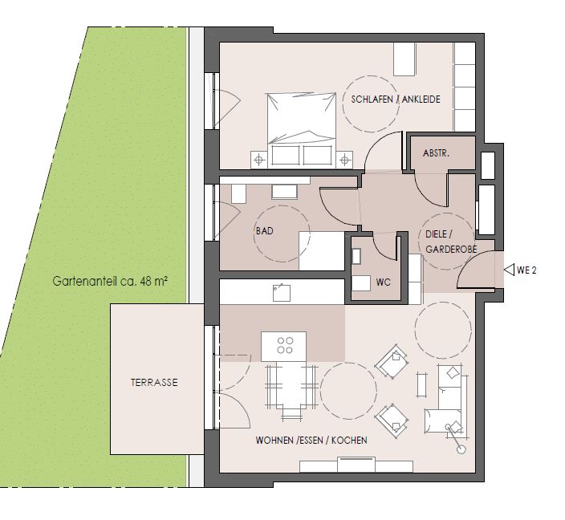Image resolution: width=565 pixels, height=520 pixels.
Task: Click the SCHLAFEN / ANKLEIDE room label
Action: (x=396, y=100)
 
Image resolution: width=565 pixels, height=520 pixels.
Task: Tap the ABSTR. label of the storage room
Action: (x=436, y=152)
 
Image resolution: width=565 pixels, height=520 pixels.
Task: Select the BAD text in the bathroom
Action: (x=265, y=231)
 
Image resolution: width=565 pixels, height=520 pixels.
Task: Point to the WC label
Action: (x=383, y=282)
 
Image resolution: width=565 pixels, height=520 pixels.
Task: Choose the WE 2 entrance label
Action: (x=526, y=270)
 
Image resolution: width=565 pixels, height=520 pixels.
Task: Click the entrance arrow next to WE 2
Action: (x=508, y=270)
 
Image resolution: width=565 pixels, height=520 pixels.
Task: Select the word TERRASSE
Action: (x=154, y=383)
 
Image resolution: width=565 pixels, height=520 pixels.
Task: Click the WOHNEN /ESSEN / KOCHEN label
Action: (x=311, y=441)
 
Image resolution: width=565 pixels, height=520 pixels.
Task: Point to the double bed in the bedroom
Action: (x=301, y=120)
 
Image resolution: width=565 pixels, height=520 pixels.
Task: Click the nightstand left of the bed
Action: (x=259, y=159)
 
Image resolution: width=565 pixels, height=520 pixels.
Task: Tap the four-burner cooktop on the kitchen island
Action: (x=284, y=346)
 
